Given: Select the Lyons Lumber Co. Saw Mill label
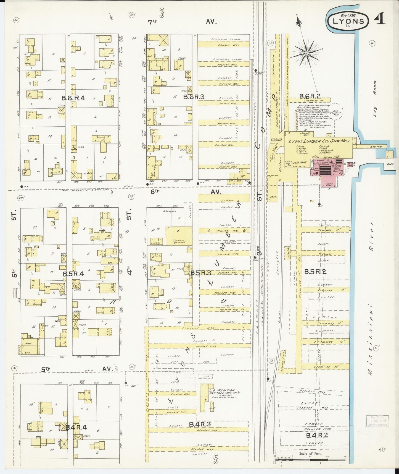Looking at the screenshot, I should click(x=319, y=141).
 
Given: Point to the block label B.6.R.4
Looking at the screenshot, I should click(x=73, y=98).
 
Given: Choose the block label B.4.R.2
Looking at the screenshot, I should click(x=317, y=436).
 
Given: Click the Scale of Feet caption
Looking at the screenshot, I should click(x=310, y=454).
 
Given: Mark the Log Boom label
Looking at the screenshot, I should click(x=375, y=88).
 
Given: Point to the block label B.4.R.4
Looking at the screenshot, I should click(x=76, y=427).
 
